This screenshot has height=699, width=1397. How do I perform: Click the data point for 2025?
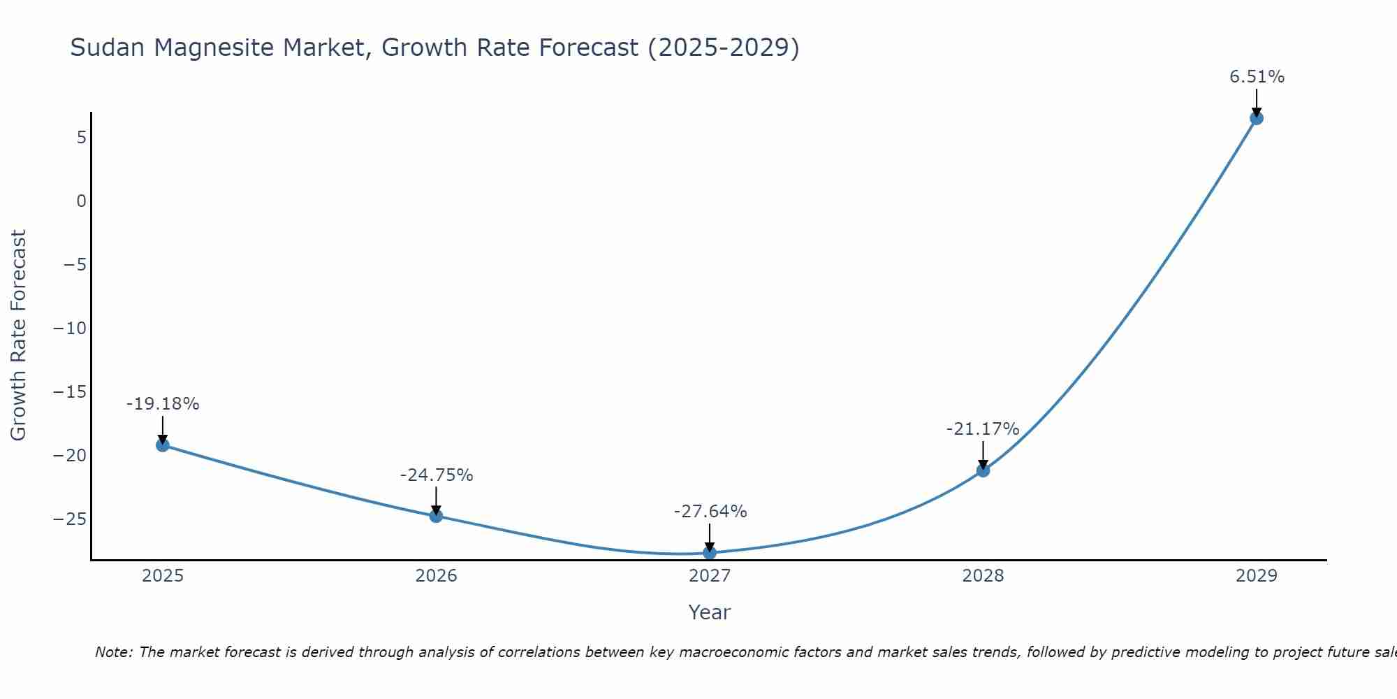coord(163,445)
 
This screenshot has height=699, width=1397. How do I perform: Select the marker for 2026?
coord(436,516)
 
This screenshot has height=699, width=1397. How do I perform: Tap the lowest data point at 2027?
coord(710,553)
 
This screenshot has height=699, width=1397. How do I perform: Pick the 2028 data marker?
coord(983,470)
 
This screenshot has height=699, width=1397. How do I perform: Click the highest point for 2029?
coord(1257,118)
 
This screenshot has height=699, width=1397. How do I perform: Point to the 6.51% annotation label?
coord(1257,77)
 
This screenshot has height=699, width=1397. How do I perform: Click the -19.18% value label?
coord(163,404)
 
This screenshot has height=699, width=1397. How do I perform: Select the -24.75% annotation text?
coord(436,475)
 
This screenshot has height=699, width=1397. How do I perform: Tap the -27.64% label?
coord(710,512)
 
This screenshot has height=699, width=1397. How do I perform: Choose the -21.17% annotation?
coord(983,429)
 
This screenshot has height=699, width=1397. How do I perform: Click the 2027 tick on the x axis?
coord(710,576)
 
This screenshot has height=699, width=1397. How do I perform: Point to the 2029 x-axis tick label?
coord(1257,576)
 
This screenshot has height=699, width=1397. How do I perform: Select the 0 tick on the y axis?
coord(82,201)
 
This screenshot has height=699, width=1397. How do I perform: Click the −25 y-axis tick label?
coord(71,519)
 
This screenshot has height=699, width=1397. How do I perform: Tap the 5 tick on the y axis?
coord(82,138)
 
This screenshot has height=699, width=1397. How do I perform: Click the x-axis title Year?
coord(709,612)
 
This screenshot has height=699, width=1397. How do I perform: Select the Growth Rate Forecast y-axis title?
coord(19,336)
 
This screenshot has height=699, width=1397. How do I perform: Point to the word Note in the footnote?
coord(113,652)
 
